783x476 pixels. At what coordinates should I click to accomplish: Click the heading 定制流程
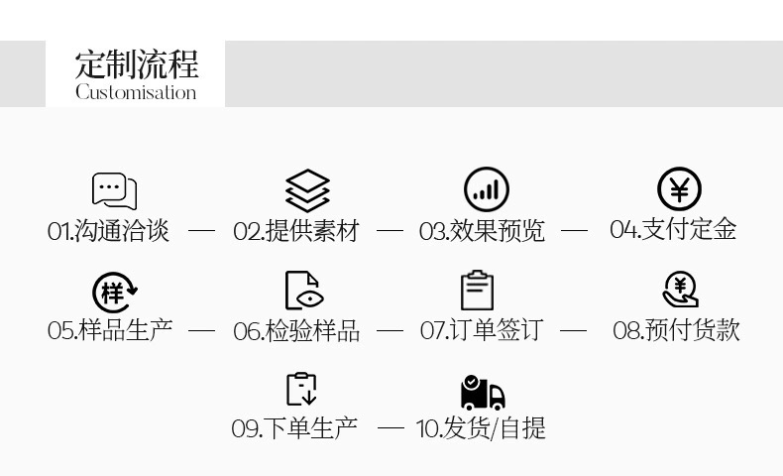coord(136,63)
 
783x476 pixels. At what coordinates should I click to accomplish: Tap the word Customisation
coord(136,92)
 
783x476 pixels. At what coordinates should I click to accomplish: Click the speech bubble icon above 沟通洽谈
coord(114,190)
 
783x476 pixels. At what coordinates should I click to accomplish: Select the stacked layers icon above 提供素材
coord(307,190)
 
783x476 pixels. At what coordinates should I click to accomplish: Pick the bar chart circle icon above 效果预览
coord(486,189)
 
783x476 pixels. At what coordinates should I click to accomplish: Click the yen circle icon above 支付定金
coord(679,189)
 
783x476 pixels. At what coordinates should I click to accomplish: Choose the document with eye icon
coord(303,291)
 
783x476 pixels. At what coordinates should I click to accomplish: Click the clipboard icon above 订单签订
coord(477,291)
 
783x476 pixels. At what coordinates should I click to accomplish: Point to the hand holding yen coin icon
coord(680,290)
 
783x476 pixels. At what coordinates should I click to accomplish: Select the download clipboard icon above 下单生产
coord(301,389)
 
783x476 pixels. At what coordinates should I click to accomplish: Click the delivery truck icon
coord(483,393)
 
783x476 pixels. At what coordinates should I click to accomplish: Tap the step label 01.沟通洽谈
coord(109,231)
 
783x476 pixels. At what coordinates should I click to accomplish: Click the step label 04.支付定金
coord(673,229)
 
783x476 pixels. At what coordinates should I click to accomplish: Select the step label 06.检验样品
coord(296,330)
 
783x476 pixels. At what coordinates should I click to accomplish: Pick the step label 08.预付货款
coord(676,329)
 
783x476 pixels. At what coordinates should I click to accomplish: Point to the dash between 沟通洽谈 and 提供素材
coord(201,231)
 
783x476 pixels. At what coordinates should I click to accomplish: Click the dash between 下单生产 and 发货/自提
coord(391,428)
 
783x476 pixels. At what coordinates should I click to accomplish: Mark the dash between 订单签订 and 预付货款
coord(574,330)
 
